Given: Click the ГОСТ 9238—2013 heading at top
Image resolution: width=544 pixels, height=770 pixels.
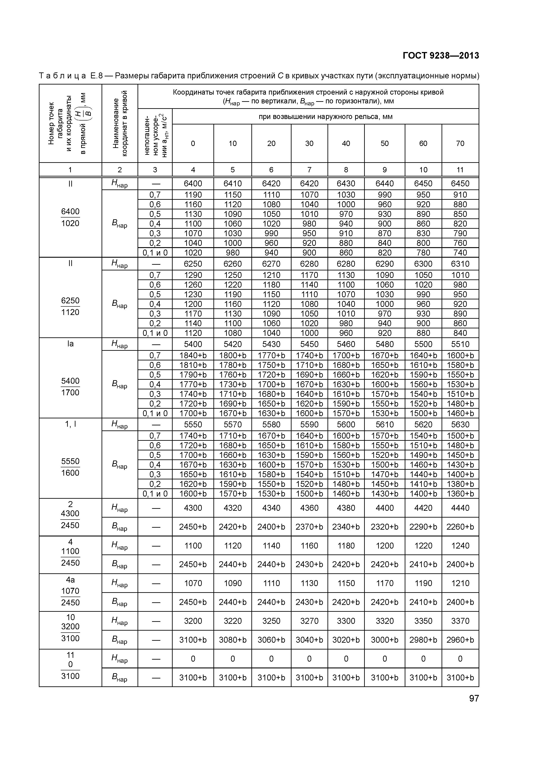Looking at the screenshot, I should pyautogui.click(x=440, y=56).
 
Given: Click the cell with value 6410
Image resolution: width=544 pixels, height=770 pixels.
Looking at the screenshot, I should pyautogui.click(x=232, y=184).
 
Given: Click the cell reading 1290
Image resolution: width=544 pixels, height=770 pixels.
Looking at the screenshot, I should pyautogui.click(x=193, y=275).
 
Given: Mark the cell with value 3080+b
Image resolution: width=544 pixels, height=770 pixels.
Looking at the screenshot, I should pyautogui.click(x=232, y=640).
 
